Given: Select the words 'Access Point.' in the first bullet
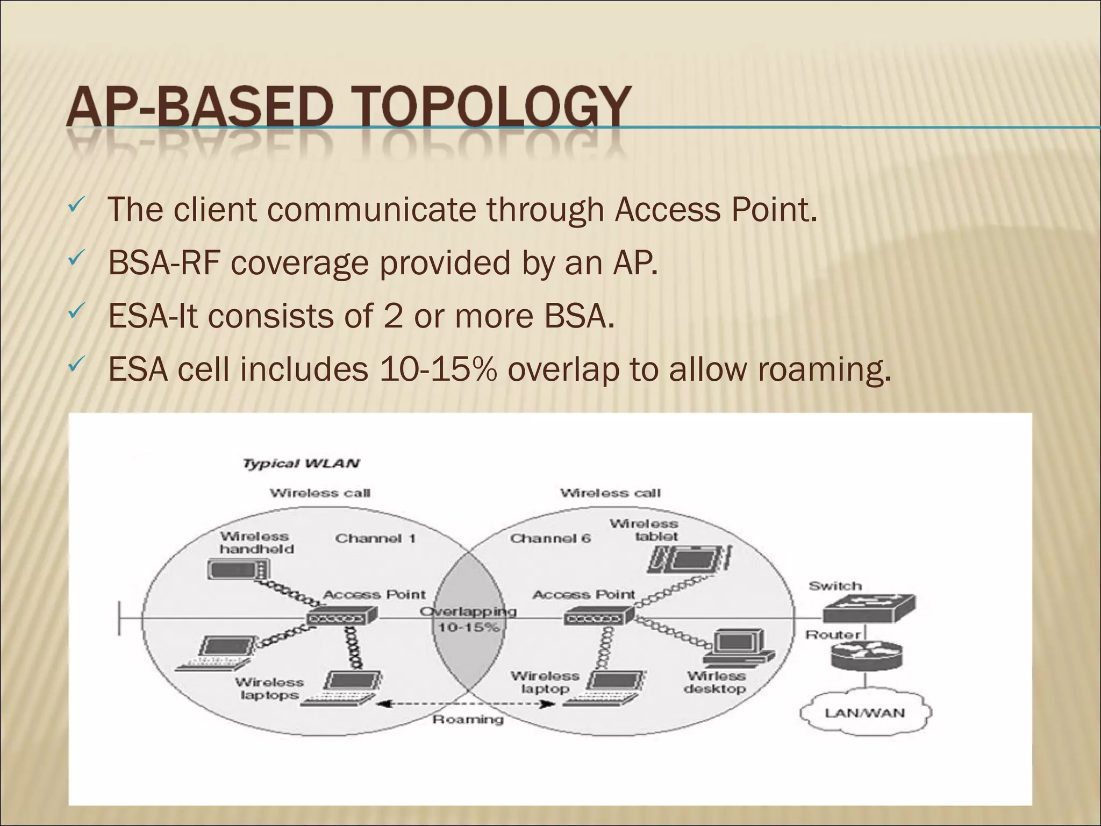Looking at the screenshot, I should (716, 210).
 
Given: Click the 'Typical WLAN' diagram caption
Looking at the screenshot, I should (301, 464).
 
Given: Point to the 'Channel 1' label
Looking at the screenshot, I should (375, 538).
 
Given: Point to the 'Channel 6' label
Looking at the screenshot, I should (550, 538).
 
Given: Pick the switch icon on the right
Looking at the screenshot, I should (868, 607).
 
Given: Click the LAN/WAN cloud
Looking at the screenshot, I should (865, 713).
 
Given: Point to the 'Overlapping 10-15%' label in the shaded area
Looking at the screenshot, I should (468, 619).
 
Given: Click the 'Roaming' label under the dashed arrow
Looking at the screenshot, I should (468, 719).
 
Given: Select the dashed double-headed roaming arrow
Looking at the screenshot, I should (466, 704).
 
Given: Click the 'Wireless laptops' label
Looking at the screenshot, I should (269, 688).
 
